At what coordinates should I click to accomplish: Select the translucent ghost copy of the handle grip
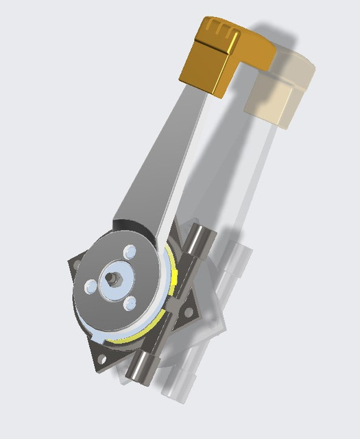click(281, 89)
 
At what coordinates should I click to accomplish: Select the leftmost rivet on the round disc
click(91, 284)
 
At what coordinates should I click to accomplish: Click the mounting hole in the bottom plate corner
click(102, 357)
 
